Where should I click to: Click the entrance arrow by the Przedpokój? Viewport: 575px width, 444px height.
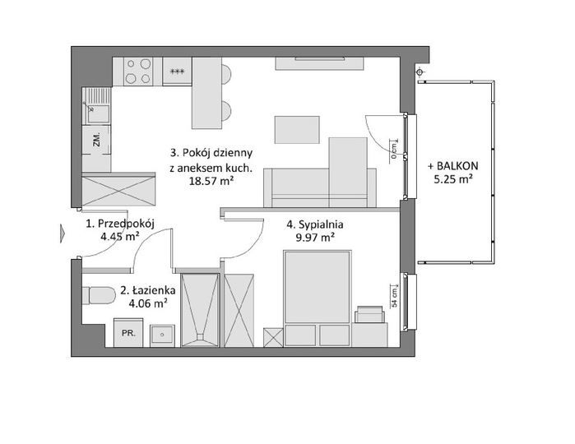click(63, 234)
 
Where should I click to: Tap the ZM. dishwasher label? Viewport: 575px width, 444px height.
click(97, 140)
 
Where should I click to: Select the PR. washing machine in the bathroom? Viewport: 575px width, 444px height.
click(128, 332)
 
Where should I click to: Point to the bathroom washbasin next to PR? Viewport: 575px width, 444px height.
click(162, 335)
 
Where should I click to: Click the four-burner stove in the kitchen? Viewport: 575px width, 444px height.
click(137, 72)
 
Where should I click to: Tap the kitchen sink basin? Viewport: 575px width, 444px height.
click(97, 114)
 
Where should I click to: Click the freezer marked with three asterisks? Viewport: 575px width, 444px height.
click(177, 72)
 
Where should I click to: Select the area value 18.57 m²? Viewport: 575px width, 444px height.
click(211, 181)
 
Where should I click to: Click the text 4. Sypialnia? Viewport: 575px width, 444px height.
click(314, 224)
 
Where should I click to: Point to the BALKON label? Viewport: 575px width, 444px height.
click(453, 166)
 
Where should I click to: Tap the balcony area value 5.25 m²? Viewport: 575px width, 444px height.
click(453, 179)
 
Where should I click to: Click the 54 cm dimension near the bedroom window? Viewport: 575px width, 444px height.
click(395, 298)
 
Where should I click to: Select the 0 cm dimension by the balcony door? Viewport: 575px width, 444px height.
click(394, 151)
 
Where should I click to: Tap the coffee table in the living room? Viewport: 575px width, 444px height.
click(297, 130)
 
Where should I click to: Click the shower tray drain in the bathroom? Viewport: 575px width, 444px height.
click(200, 335)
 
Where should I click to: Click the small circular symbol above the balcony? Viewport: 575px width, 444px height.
click(420, 72)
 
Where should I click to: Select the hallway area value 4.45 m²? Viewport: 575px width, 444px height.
click(120, 237)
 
